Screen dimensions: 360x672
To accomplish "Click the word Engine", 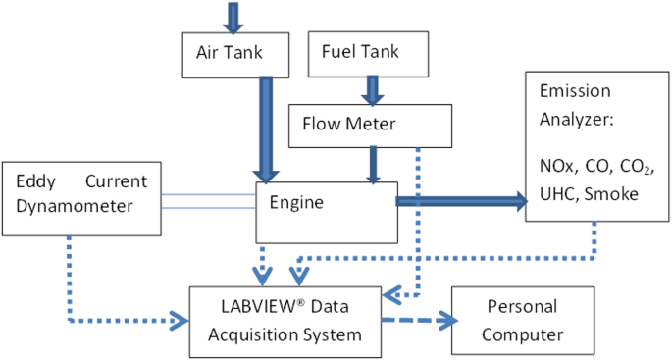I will (295, 202).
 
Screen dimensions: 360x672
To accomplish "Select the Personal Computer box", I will (522, 321).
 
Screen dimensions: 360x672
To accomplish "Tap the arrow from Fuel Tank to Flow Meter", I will (373, 87).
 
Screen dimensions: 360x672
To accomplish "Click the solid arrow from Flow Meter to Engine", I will (373, 164).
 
